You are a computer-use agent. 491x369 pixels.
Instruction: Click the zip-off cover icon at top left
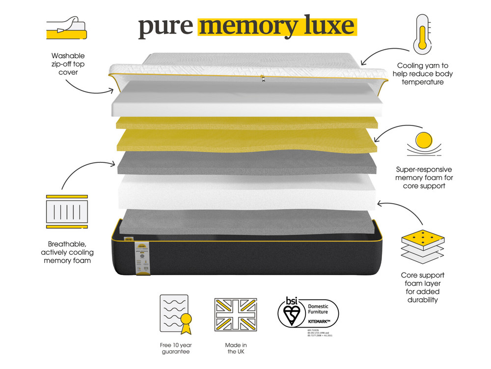pyautogui.click(x=66, y=29)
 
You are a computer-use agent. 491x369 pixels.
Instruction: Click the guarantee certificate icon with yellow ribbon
pyautogui.click(x=175, y=313)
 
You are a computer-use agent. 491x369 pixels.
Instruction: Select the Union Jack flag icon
pyautogui.click(x=236, y=314)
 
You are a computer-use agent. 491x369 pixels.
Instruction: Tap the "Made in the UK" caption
pyautogui.click(x=236, y=348)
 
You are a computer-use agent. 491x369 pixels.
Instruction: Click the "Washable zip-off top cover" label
pyautogui.click(x=68, y=64)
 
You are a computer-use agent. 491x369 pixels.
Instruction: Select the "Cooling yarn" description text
pyautogui.click(x=422, y=73)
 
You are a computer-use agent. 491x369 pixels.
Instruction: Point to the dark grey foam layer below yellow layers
pyautogui.click(x=245, y=162)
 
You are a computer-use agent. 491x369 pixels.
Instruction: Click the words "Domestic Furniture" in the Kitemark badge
pyautogui.click(x=318, y=309)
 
